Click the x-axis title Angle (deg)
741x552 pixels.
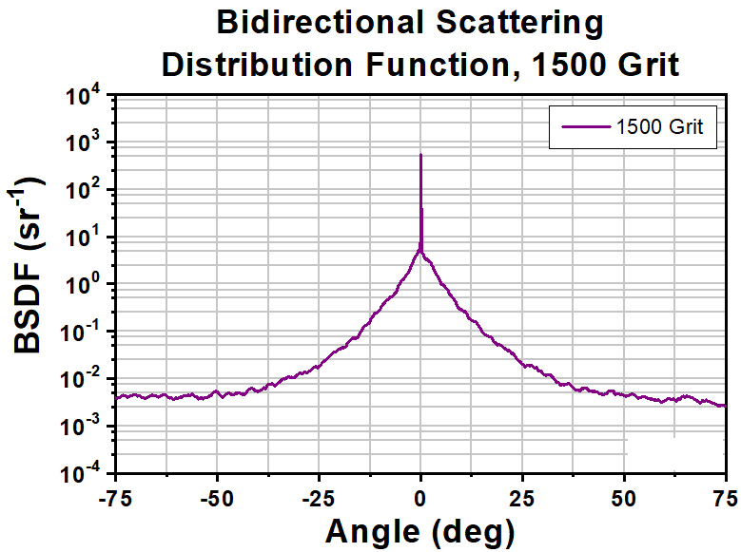pyautogui.click(x=419, y=529)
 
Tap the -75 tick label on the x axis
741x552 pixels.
pyautogui.click(x=116, y=496)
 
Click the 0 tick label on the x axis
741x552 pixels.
pyautogui.click(x=420, y=496)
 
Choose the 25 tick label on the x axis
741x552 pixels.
pyautogui.click(x=522, y=496)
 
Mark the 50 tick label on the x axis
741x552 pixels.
pyautogui.click(x=624, y=496)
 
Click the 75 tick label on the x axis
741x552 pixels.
pyautogui.click(x=725, y=496)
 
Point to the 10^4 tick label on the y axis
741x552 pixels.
pyautogui.click(x=85, y=97)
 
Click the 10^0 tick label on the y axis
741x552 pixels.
pyautogui.click(x=85, y=285)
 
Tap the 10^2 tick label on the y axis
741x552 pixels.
pyautogui.click(x=85, y=191)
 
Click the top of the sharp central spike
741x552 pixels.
pyautogui.click(x=420, y=155)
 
